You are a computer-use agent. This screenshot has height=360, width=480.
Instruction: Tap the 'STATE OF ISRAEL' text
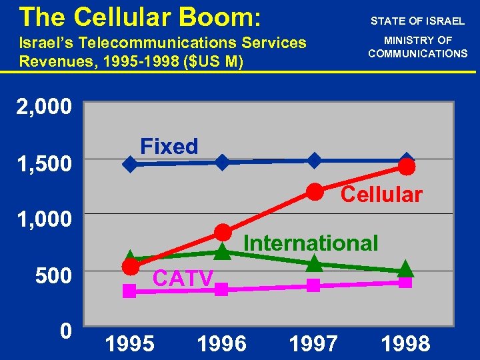418,21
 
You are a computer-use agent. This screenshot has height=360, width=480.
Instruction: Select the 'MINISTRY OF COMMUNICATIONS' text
418,47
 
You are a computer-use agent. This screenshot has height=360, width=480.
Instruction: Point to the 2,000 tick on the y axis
44,107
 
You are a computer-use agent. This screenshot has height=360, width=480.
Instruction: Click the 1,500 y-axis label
44,163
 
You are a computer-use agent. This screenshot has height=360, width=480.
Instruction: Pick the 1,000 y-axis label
44,219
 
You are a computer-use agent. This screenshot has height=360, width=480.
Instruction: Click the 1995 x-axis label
130,343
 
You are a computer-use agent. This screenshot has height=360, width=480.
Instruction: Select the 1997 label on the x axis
313,343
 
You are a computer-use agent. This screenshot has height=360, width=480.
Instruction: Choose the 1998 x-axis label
405,343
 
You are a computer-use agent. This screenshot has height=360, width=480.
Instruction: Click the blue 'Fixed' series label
169,146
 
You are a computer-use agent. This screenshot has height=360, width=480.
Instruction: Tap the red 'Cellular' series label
381,195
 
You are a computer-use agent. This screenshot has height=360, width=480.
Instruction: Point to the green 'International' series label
311,243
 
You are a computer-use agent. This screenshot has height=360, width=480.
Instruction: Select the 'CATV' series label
183,277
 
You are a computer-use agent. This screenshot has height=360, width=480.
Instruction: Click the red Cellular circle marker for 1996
223,232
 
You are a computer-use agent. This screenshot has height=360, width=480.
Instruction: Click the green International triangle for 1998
405,269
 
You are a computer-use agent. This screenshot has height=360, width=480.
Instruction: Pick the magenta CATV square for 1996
223,289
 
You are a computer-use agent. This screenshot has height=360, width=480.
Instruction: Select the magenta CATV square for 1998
405,282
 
